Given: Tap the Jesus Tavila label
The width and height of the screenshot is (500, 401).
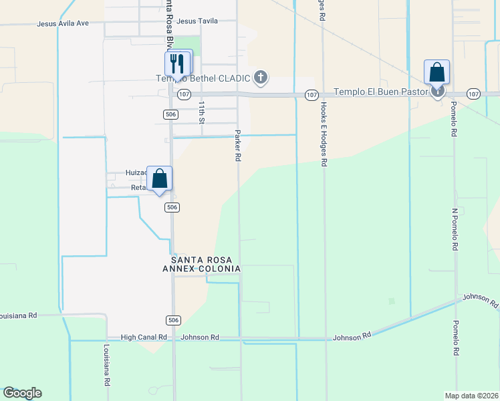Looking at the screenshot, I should [198, 21].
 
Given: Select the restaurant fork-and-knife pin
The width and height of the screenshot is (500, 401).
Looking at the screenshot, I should [178, 63].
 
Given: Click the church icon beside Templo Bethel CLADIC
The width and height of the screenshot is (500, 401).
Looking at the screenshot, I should [261, 78].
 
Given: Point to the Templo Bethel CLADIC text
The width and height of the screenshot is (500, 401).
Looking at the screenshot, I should [203, 78].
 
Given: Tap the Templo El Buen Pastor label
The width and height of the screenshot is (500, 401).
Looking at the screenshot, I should [381, 92].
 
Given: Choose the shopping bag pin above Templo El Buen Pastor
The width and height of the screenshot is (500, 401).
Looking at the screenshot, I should [436, 72].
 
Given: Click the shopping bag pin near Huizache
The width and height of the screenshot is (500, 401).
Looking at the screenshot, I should [159, 178].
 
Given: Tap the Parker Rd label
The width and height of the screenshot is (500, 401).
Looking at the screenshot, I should [237, 146].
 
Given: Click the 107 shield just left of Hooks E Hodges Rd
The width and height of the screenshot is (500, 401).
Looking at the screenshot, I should [311, 95].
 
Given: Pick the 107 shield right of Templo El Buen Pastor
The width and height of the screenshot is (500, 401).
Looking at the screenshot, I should [473, 94].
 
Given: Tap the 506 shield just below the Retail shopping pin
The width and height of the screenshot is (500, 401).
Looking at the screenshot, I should [172, 207].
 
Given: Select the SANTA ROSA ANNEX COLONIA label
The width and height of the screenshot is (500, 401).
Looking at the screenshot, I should [205, 264].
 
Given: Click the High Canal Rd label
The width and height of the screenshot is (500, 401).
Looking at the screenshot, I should [144, 338].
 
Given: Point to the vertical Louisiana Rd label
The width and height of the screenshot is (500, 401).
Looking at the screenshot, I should [106, 366].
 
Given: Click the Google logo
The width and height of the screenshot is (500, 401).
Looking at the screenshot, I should [22, 393].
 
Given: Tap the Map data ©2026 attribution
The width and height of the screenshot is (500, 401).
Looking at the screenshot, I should [472, 396].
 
